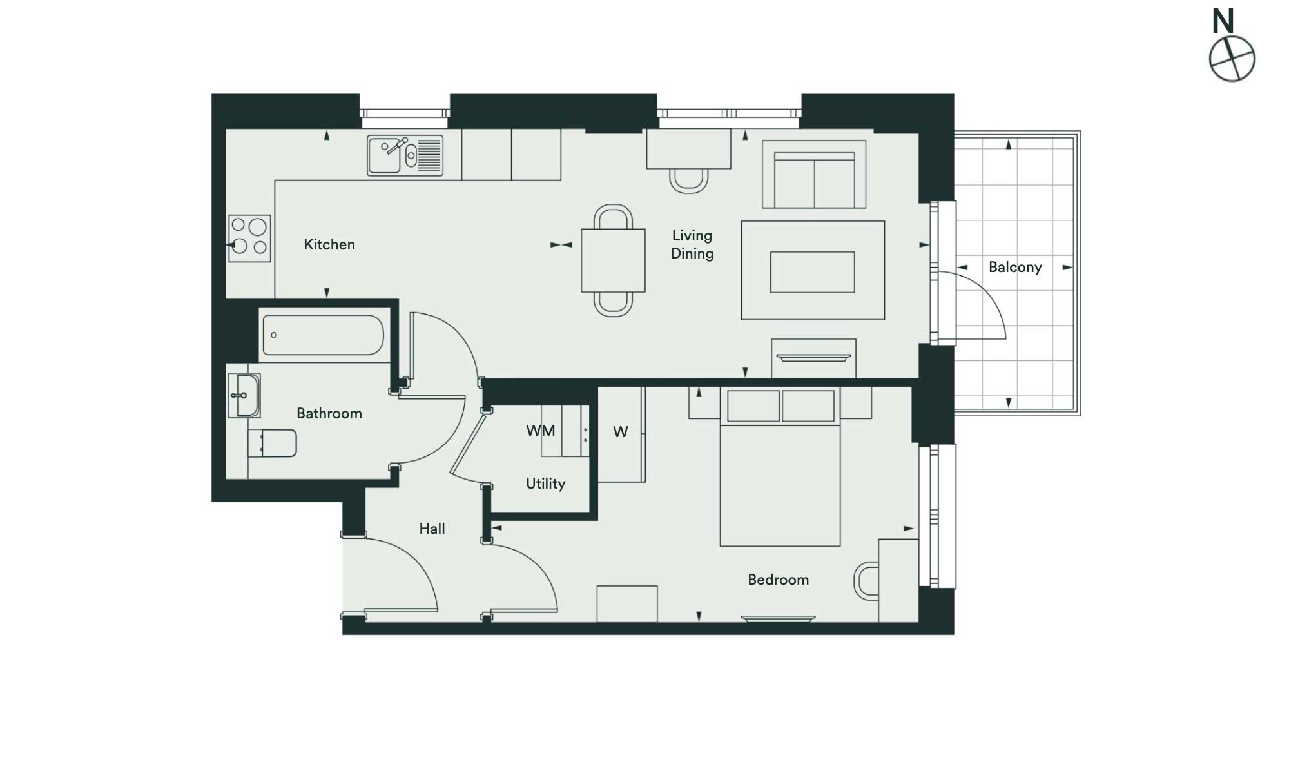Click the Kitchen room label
point(329,244)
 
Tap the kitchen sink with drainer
point(405,155)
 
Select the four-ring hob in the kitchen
point(249,238)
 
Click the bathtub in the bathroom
point(323,335)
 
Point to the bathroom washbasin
point(244,395)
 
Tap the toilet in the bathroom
point(273,443)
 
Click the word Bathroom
point(329,413)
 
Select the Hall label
point(432,529)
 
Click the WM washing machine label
point(541,431)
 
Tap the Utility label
point(546,484)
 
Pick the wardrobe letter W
point(621,432)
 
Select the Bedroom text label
point(779,580)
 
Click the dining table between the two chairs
point(613,260)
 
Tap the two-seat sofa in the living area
point(814,174)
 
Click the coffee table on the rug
point(813,272)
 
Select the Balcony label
point(1015,267)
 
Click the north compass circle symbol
point(1232,59)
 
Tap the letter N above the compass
point(1223,21)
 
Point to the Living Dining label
point(692,244)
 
